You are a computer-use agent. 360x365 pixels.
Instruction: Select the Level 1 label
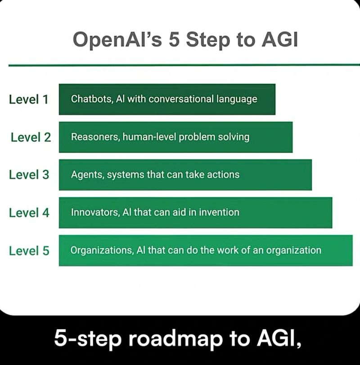pyautogui.click(x=28, y=99)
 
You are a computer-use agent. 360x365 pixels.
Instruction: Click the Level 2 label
pyautogui.click(x=31, y=137)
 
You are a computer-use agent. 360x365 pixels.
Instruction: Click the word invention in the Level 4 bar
pyautogui.click(x=220, y=212)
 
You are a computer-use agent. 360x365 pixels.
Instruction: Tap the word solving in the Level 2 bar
pyautogui.click(x=234, y=137)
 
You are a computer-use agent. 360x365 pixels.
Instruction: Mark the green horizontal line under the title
pyautogui.click(x=180, y=65)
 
